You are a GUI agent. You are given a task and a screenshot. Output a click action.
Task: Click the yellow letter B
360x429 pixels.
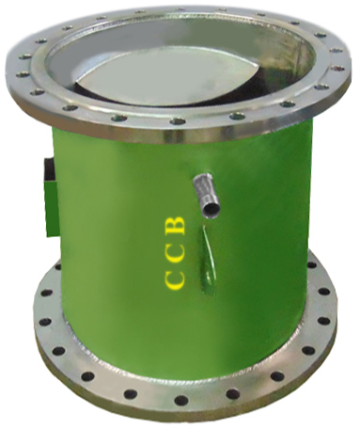(x=175, y=225)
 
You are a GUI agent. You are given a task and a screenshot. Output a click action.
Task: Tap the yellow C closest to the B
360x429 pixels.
(x=174, y=253)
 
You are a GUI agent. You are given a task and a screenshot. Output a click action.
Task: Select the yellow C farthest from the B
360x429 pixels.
(x=174, y=280)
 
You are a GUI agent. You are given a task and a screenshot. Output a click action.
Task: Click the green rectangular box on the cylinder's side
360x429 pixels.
(x=51, y=208)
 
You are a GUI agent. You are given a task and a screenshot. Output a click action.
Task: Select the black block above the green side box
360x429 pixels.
(x=50, y=169)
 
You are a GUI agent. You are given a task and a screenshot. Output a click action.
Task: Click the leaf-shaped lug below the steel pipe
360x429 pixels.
(x=208, y=261)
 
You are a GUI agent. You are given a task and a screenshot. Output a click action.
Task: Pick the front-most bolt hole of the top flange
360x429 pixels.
(x=178, y=121)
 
